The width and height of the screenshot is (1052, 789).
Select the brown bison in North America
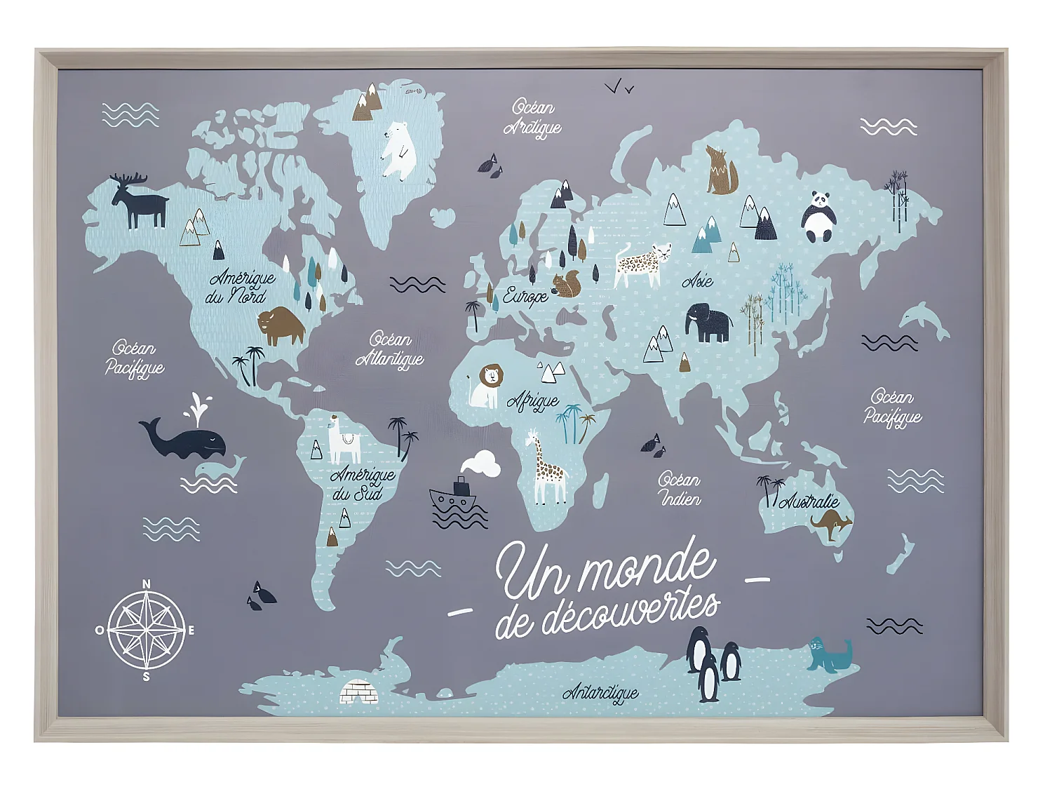(281, 325)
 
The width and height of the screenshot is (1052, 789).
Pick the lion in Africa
(487, 386)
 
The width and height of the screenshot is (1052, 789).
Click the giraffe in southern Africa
(548, 468)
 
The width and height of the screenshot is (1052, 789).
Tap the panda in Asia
(818, 217)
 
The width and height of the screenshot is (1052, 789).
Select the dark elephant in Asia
(708, 323)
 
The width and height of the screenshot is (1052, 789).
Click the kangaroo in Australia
(832, 523)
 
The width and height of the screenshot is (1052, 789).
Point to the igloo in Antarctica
(359, 692)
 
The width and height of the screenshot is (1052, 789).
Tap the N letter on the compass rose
(147, 584)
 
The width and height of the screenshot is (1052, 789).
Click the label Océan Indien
(679, 490)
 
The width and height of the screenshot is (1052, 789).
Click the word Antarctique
(600, 693)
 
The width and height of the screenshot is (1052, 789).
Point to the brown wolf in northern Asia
(721, 171)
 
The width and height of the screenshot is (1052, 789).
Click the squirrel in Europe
(567, 284)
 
